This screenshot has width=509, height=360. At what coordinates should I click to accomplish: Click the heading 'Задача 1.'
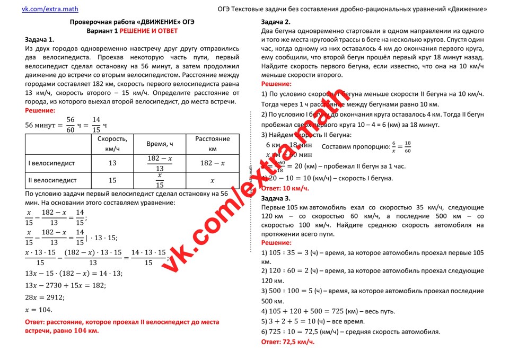39,40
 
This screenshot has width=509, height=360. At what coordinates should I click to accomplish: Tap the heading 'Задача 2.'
276,22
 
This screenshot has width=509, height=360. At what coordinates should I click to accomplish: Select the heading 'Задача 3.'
276,198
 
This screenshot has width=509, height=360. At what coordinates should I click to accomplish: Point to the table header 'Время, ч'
160,144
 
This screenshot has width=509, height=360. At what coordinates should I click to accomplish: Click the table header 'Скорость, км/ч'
112,144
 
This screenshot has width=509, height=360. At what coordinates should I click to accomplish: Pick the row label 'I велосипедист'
51,163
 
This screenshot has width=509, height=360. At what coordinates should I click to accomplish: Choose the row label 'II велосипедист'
52,181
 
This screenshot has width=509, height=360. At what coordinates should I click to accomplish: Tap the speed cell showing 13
112,163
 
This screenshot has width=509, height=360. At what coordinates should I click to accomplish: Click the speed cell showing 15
112,181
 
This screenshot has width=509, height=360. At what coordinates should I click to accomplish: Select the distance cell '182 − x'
212,163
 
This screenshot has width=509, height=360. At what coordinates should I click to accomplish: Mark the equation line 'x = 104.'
39,310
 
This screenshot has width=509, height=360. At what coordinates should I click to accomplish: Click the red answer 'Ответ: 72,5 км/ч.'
288,342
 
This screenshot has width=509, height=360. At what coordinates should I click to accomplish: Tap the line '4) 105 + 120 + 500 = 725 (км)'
328,311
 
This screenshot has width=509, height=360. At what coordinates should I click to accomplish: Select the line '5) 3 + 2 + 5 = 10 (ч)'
313,321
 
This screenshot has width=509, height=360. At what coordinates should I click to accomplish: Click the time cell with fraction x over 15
160,181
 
